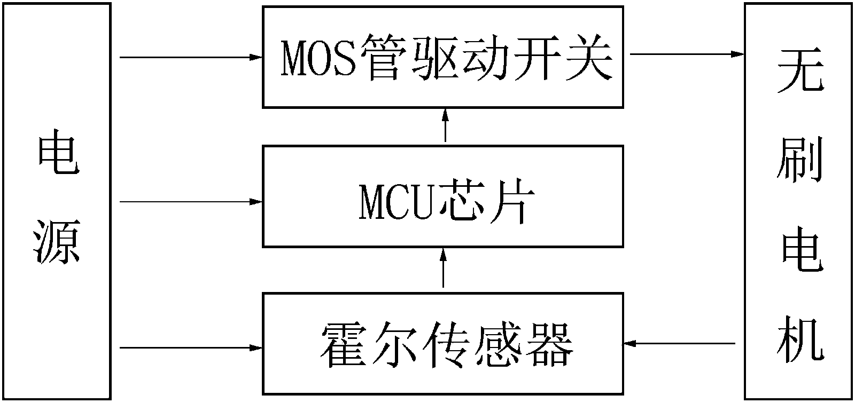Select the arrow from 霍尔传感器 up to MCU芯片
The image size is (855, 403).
(443, 269)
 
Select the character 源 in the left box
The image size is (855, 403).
(57, 243)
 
